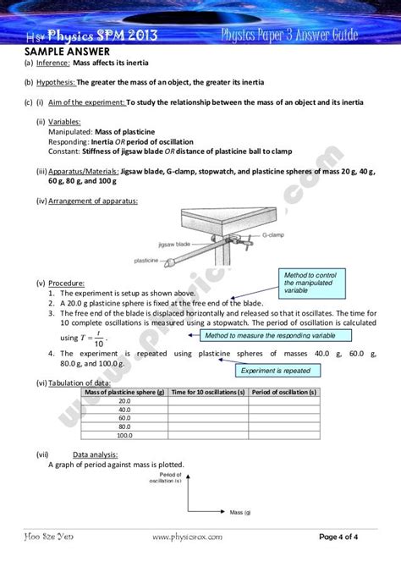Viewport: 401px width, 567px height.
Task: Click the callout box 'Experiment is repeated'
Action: pos(277,370)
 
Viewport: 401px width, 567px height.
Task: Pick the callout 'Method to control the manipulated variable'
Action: pos(310,283)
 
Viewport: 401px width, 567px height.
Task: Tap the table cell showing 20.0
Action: pos(124,402)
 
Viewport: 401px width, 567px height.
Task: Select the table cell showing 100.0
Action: pos(124,435)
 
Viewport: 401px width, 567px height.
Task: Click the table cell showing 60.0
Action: pos(124,418)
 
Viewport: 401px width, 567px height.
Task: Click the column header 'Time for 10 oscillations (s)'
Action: pos(208,393)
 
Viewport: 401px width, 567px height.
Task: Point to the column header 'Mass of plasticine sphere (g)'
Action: pos(124,393)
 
